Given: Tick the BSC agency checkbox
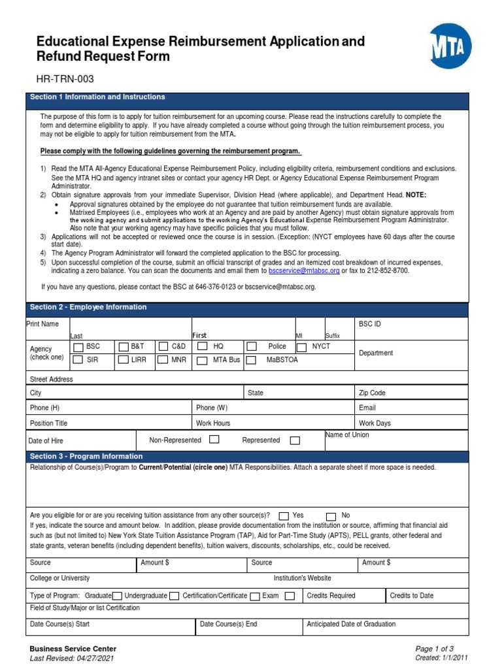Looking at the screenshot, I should [x=78, y=347].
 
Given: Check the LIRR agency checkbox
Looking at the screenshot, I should [x=123, y=359].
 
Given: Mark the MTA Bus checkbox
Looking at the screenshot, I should [x=203, y=360].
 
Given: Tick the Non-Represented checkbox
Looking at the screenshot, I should [x=214, y=440].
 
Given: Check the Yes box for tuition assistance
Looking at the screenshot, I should [x=283, y=515].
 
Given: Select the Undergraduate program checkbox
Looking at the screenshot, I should [x=174, y=596].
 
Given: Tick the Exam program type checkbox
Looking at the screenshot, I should [x=290, y=596].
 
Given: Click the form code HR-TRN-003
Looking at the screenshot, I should [x=65, y=79].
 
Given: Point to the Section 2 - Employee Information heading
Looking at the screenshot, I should [x=88, y=307].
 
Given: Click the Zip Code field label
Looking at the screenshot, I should [x=372, y=393].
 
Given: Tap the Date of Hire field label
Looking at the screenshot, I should [x=46, y=441].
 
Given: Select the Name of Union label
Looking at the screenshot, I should [x=346, y=435].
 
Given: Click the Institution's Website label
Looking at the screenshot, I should [x=302, y=578].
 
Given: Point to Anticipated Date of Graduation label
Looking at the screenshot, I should [x=351, y=624].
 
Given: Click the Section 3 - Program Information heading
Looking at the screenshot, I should [x=86, y=456].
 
